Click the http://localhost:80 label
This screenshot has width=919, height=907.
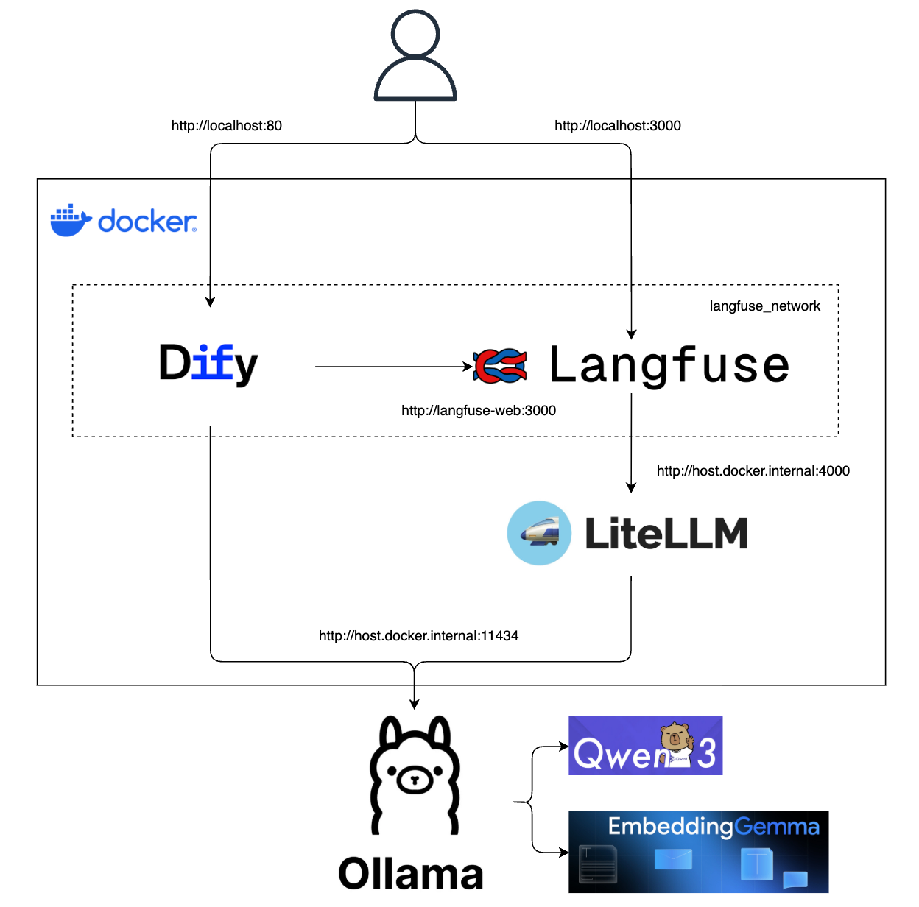click(226, 126)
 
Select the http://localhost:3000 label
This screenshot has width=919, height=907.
click(617, 126)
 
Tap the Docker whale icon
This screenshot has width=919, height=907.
click(70, 221)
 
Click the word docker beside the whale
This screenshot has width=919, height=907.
click(147, 222)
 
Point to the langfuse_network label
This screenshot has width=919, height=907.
click(764, 306)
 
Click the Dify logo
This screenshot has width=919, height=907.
click(208, 364)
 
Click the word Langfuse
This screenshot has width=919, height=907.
click(669, 366)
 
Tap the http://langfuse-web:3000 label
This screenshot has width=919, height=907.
click(478, 411)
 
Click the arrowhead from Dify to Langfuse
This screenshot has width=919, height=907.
click(468, 366)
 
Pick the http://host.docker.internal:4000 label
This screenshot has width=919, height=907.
click(753, 471)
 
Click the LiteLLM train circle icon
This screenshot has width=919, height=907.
click(539, 533)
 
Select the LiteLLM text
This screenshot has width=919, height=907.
click(666, 534)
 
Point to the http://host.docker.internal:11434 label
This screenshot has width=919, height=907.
click(418, 636)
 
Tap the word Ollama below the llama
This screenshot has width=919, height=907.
click(411, 874)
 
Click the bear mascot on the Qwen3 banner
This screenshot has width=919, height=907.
click(675, 742)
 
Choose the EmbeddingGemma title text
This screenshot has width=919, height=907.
click(713, 827)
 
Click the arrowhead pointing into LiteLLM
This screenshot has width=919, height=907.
click(631, 487)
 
